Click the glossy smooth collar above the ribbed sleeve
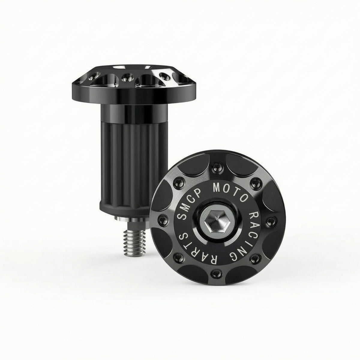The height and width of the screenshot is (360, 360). [x=134, y=112]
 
